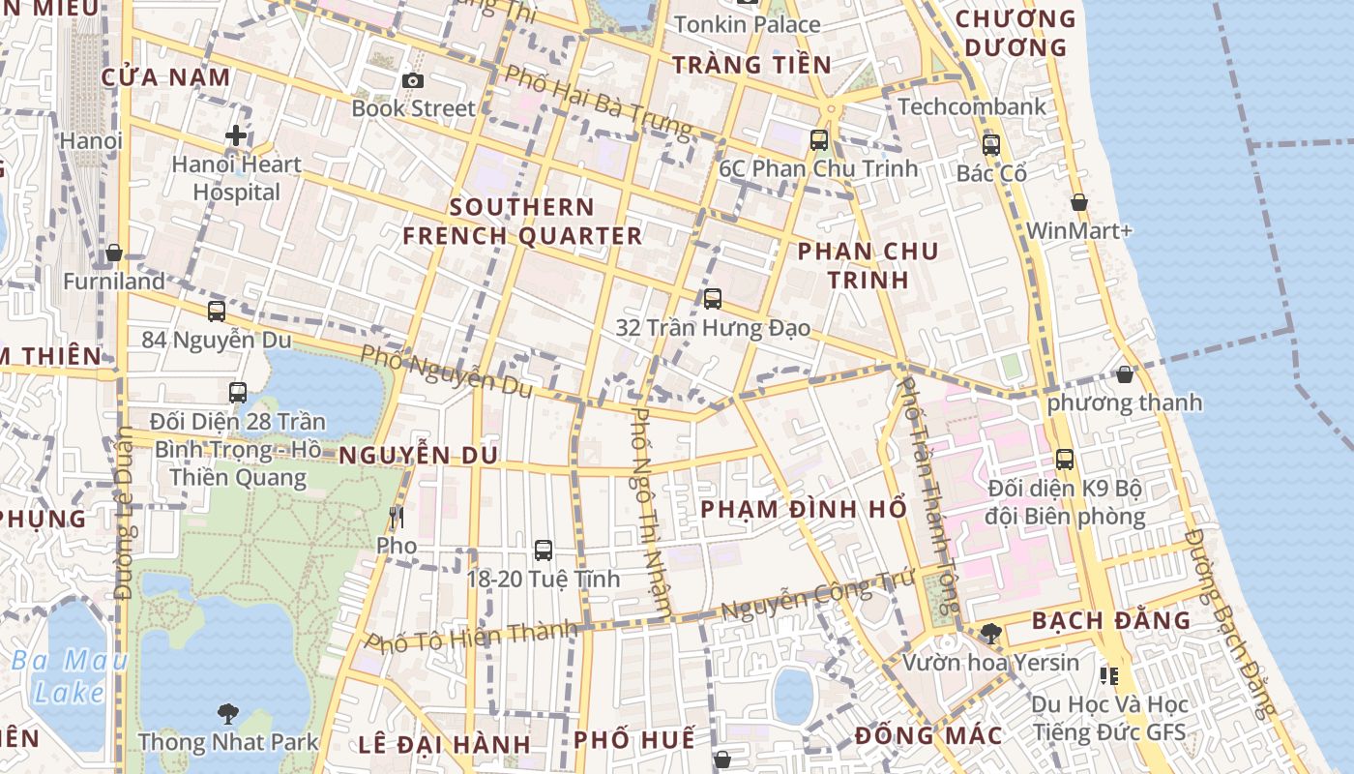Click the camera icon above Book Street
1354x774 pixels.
pyautogui.click(x=413, y=80)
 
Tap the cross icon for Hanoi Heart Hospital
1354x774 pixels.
pyautogui.click(x=236, y=135)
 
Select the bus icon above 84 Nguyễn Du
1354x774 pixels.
pyautogui.click(x=217, y=312)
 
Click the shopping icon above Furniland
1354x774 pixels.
pyautogui.click(x=114, y=253)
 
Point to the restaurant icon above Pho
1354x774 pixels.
pyautogui.click(x=396, y=518)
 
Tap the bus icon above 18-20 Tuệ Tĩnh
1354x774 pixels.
pyautogui.click(x=544, y=551)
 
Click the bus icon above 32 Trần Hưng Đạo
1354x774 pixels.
pyautogui.click(x=713, y=299)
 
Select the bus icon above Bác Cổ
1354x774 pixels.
pyautogui.click(x=991, y=145)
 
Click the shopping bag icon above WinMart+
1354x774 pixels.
pyautogui.click(x=1079, y=202)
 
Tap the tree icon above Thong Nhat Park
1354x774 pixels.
pyautogui.click(x=227, y=714)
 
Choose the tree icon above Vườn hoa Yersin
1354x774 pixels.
pyautogui.click(x=990, y=634)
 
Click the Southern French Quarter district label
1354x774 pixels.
pyautogui.click(x=522, y=222)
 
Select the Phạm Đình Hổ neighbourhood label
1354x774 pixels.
pyautogui.click(x=804, y=509)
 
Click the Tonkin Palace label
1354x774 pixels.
pyautogui.click(x=747, y=24)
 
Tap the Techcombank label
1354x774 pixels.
pyautogui.click(x=972, y=106)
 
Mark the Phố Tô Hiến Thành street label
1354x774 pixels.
pyautogui.click(x=471, y=639)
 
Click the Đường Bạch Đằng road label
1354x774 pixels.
pyautogui.click(x=1231, y=624)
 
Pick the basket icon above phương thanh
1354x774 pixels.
pyautogui.click(x=1125, y=373)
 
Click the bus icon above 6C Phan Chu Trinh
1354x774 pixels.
pyautogui.click(x=819, y=140)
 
